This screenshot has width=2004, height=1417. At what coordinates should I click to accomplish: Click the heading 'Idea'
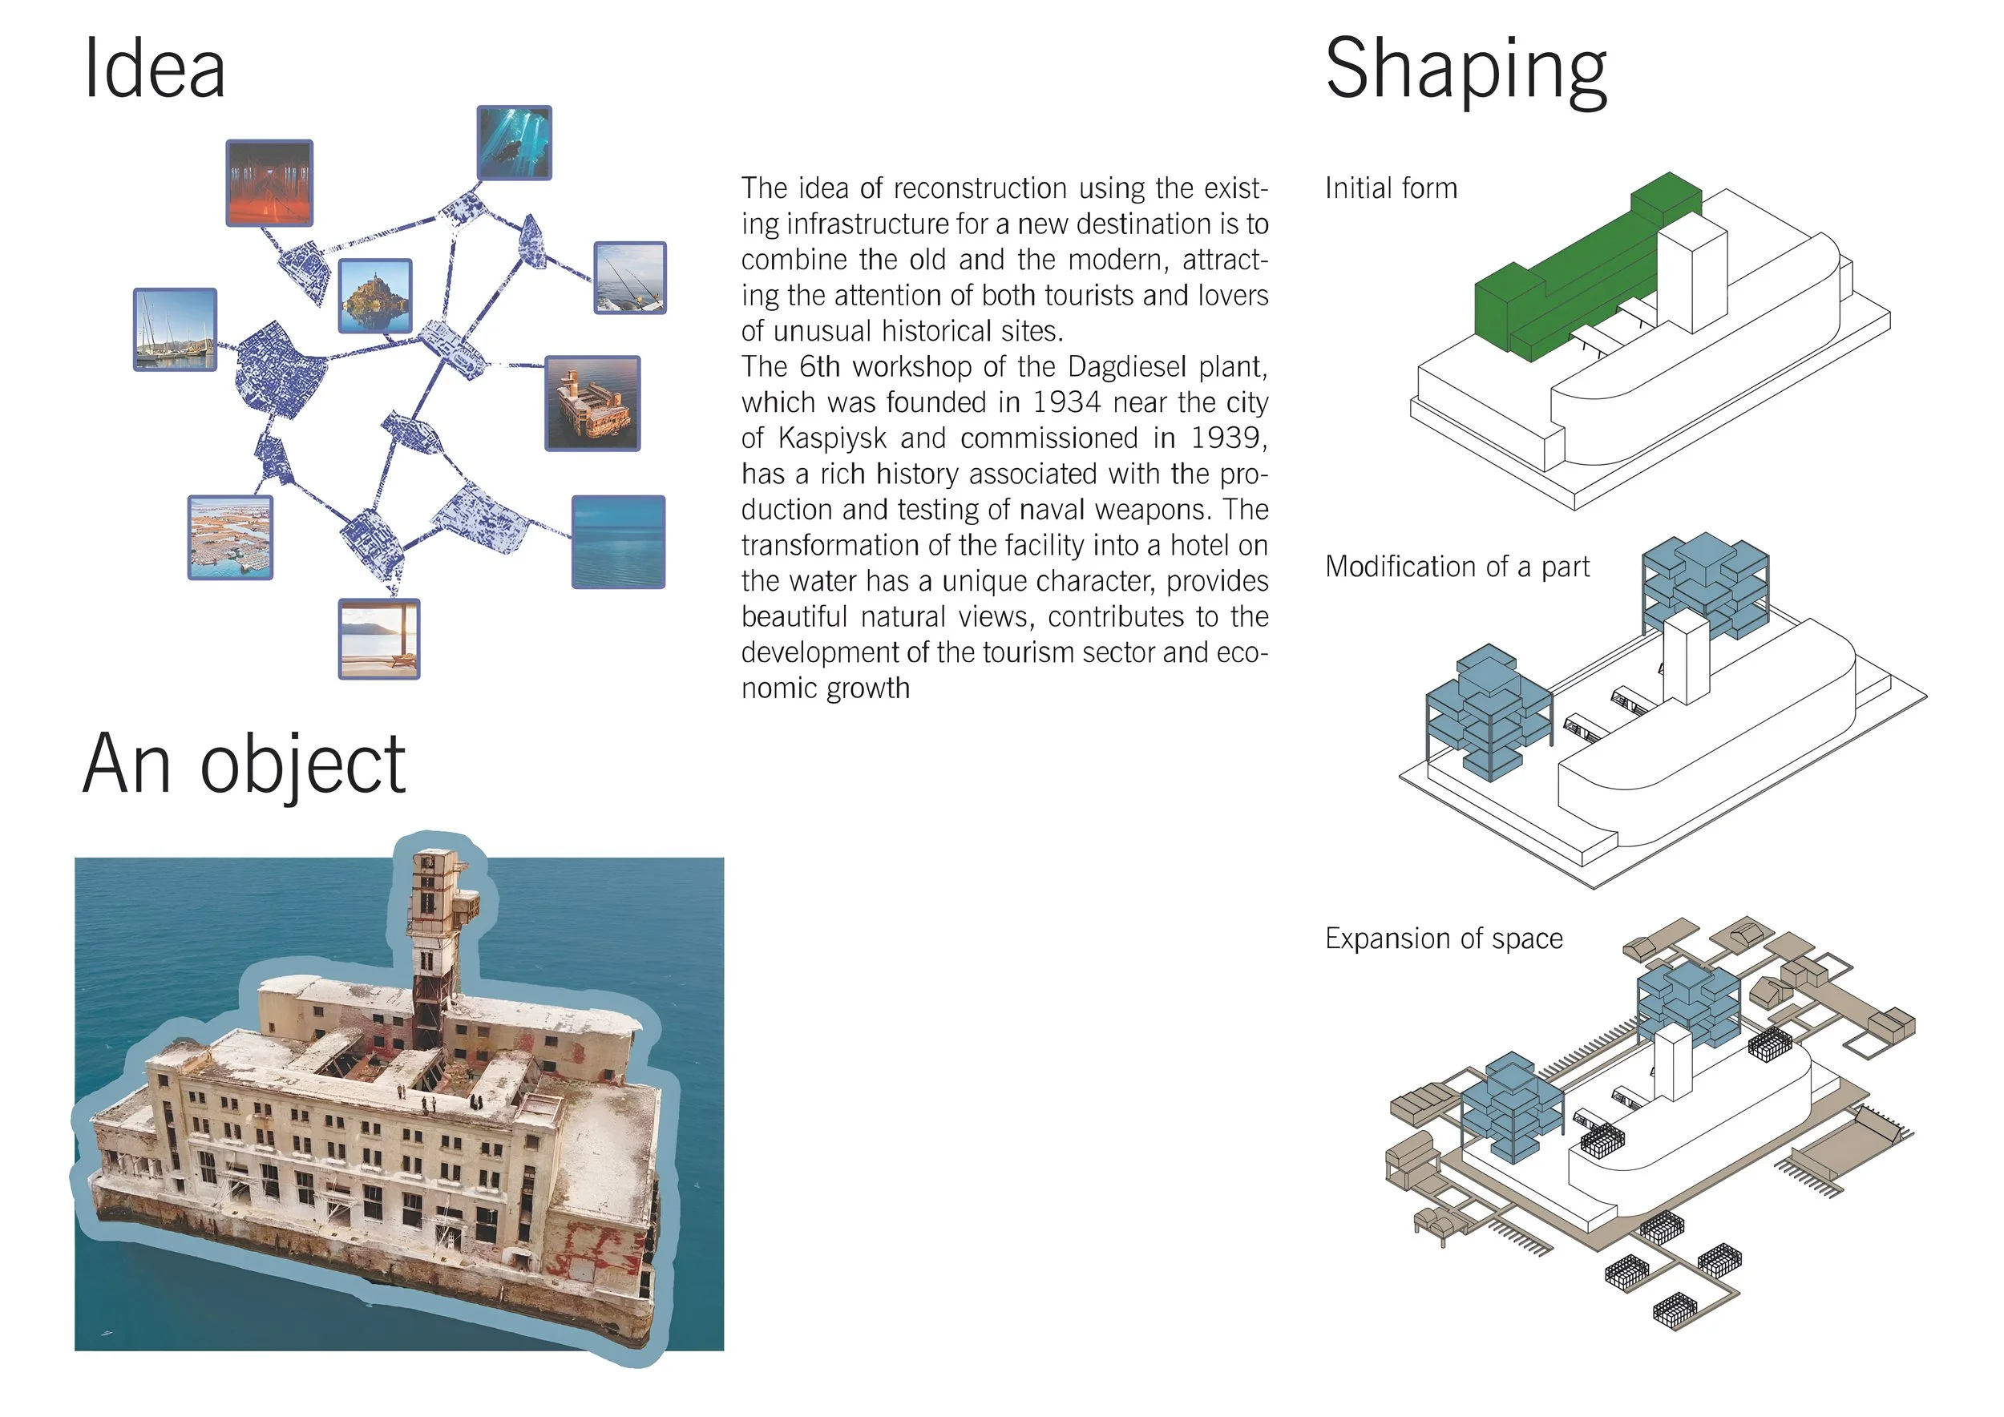155,70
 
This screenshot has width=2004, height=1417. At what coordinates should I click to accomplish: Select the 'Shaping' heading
1465,71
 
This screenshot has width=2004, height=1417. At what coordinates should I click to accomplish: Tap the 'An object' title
244,765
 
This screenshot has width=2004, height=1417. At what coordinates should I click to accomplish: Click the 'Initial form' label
1391,188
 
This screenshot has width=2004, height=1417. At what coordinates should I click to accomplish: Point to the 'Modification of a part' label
1457,567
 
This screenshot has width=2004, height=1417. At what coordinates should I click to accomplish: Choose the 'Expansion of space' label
1444,939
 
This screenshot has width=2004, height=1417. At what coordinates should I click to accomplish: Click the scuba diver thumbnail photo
514,143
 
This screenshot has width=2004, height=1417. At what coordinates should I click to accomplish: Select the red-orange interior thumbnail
269,184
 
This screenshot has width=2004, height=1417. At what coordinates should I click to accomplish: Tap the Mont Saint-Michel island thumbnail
374,296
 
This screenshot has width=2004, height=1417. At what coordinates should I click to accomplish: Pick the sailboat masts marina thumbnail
175,330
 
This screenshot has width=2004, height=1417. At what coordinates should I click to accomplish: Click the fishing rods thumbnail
629,277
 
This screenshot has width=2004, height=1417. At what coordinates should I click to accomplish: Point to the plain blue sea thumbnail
618,542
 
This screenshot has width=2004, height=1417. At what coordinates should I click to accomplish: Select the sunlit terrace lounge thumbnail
379,639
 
